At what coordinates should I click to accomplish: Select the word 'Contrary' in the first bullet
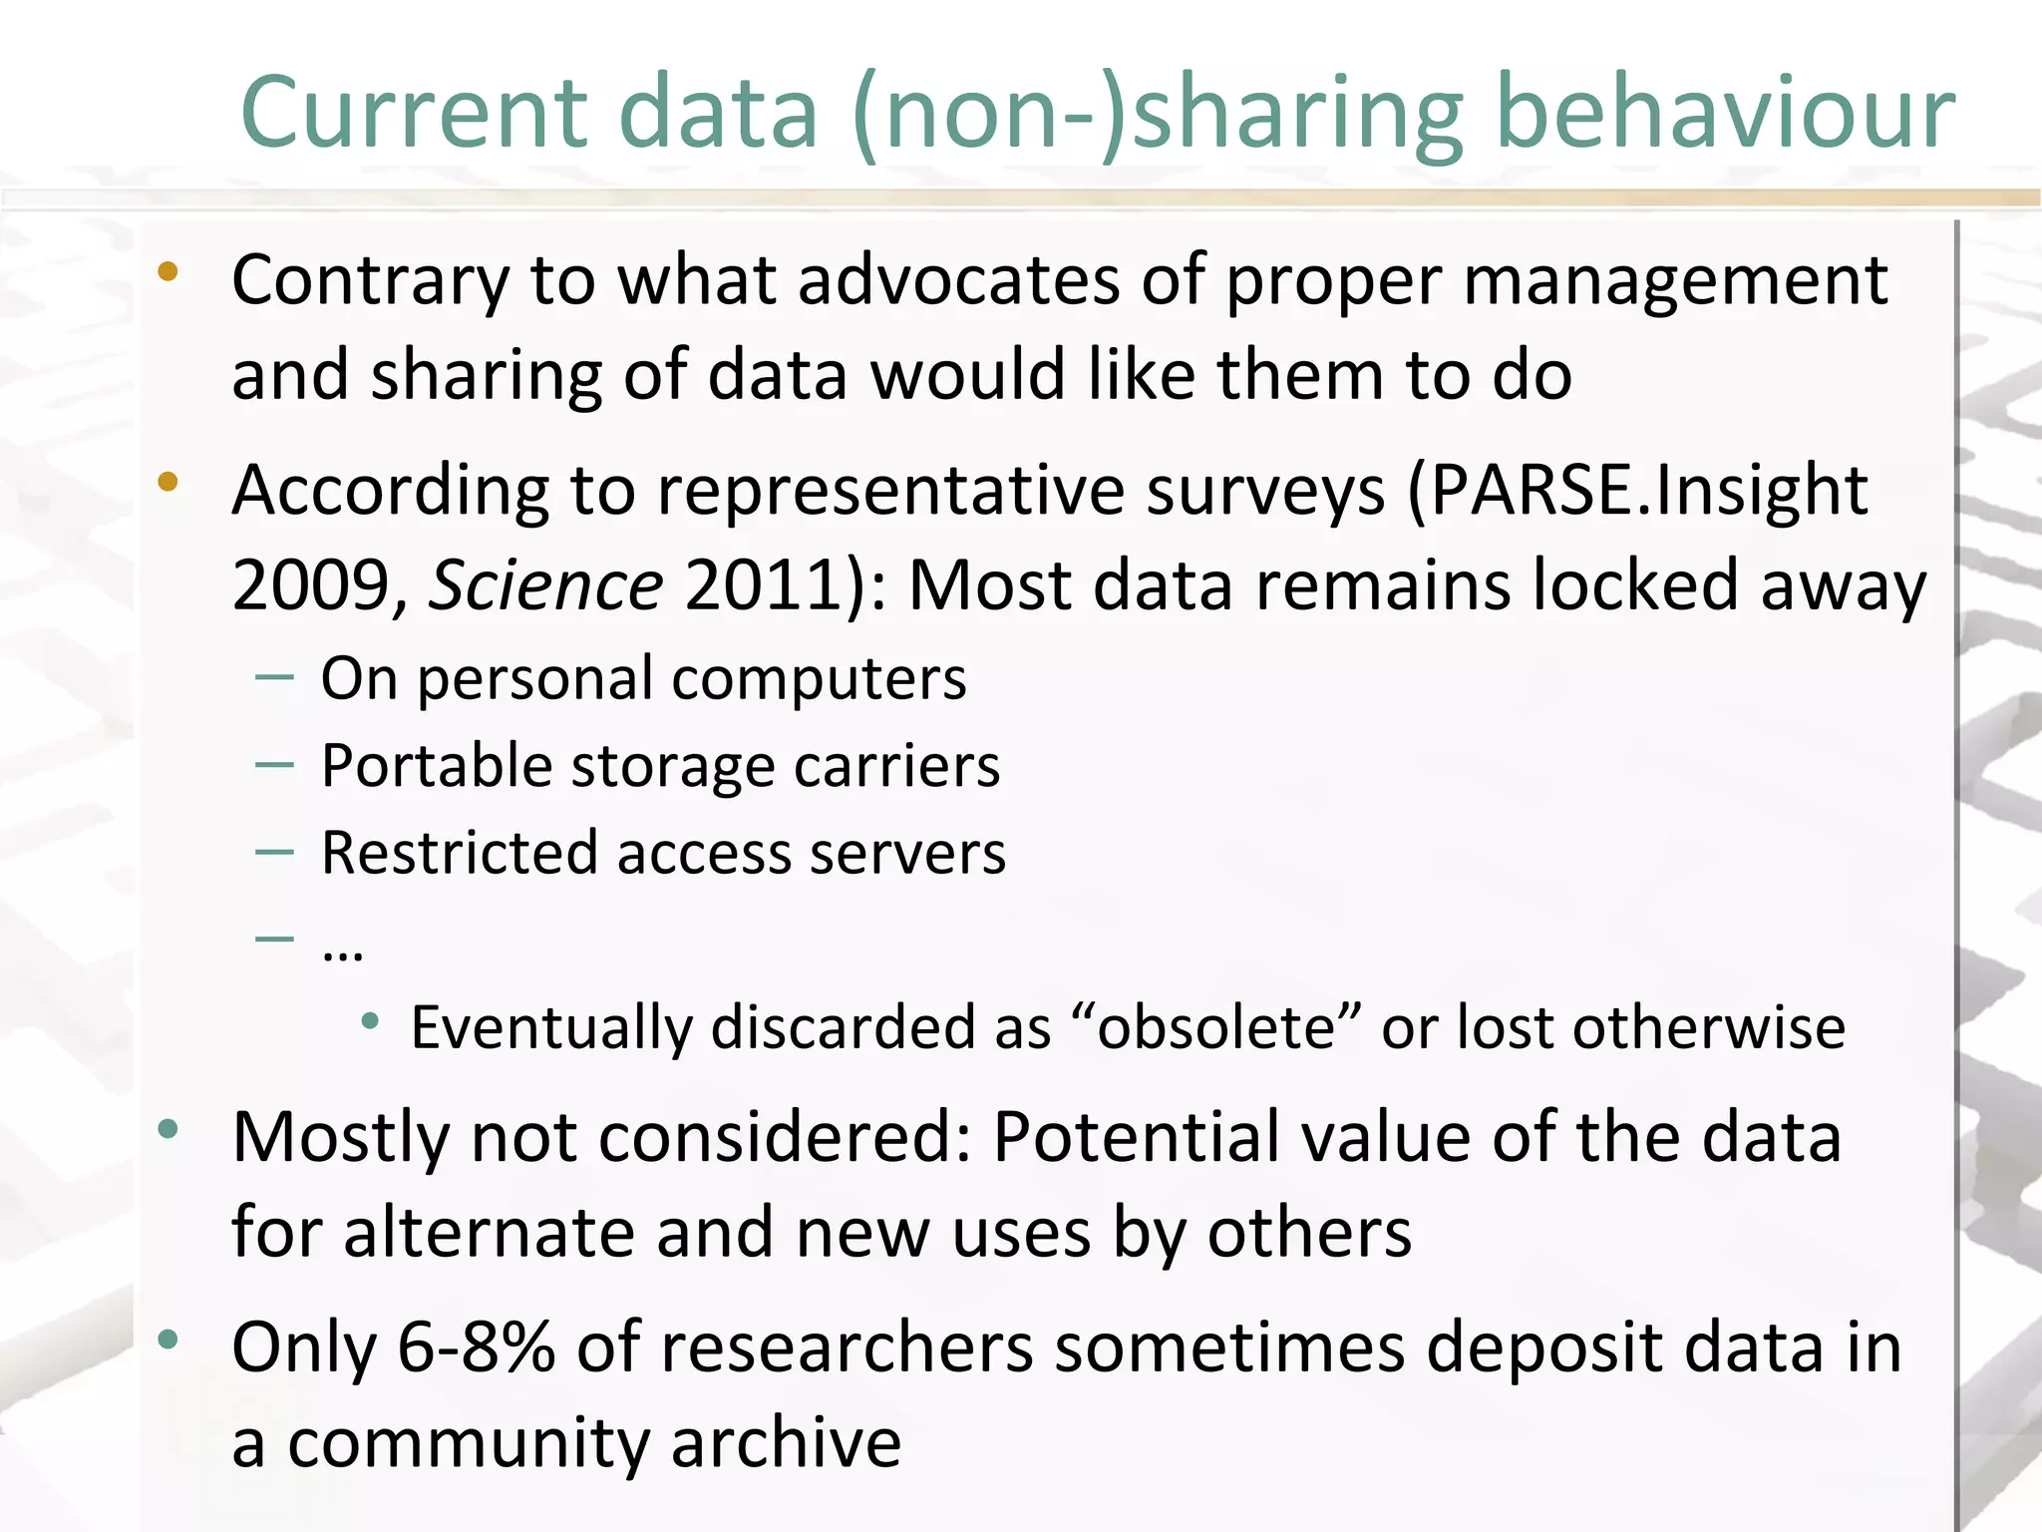coord(370,281)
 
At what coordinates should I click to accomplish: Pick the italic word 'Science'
coord(546,585)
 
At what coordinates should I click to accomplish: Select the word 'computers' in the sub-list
coord(819,680)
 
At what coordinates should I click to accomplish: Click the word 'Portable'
coord(437,767)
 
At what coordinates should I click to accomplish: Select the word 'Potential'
coord(1136,1138)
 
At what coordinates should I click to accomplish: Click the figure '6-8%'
coord(477,1347)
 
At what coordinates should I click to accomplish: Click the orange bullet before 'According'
coord(168,483)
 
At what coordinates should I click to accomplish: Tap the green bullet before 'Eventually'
coord(370,1020)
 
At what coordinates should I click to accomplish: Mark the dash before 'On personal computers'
coord(274,678)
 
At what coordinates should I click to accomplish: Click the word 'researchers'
coord(846,1347)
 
